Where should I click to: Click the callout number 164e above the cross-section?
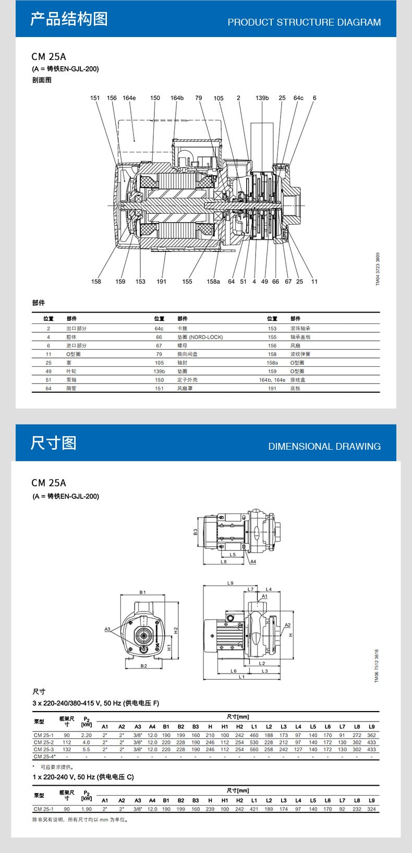[x=129, y=98]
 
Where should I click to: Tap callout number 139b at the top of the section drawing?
[x=262, y=98]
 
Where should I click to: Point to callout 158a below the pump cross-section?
[x=213, y=282]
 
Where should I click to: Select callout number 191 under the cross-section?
[x=162, y=282]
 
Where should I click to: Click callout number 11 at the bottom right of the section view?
[x=314, y=282]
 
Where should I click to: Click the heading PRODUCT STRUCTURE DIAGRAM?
[x=304, y=22]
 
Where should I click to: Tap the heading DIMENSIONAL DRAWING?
[x=324, y=447]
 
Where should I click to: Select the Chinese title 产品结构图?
[x=69, y=19]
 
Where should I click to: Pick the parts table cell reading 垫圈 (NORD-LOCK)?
[x=200, y=337]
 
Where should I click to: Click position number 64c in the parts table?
[x=159, y=329]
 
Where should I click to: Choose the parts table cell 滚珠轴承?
[x=300, y=329]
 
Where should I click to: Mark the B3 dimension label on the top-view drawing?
[x=196, y=532]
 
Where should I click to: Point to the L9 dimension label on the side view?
[x=231, y=583]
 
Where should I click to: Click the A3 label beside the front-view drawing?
[x=107, y=629]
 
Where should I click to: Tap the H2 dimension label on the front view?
[x=176, y=630]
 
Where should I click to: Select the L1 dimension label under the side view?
[x=241, y=677]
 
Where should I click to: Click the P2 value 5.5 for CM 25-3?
[x=86, y=749]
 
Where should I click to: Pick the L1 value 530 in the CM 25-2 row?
[x=254, y=742]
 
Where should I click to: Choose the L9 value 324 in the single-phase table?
[x=371, y=809]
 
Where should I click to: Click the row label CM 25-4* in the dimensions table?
[x=44, y=756]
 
